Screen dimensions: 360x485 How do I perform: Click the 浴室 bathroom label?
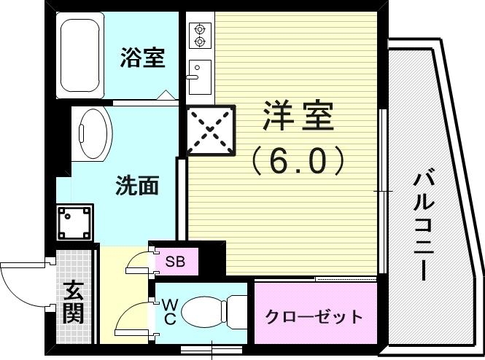pos(142,58)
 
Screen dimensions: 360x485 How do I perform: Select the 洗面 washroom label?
pos(137,186)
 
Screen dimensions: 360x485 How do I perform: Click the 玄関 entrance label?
pos(72,302)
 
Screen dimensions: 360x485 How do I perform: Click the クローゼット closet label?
pos(314,316)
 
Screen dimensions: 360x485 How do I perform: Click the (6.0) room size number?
pos(297,161)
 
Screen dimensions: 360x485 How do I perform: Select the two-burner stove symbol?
pos(199,35)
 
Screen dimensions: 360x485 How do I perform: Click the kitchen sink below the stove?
pos(198,76)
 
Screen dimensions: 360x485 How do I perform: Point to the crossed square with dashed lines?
pos(211,131)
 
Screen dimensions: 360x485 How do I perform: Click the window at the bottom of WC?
pos(212,348)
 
